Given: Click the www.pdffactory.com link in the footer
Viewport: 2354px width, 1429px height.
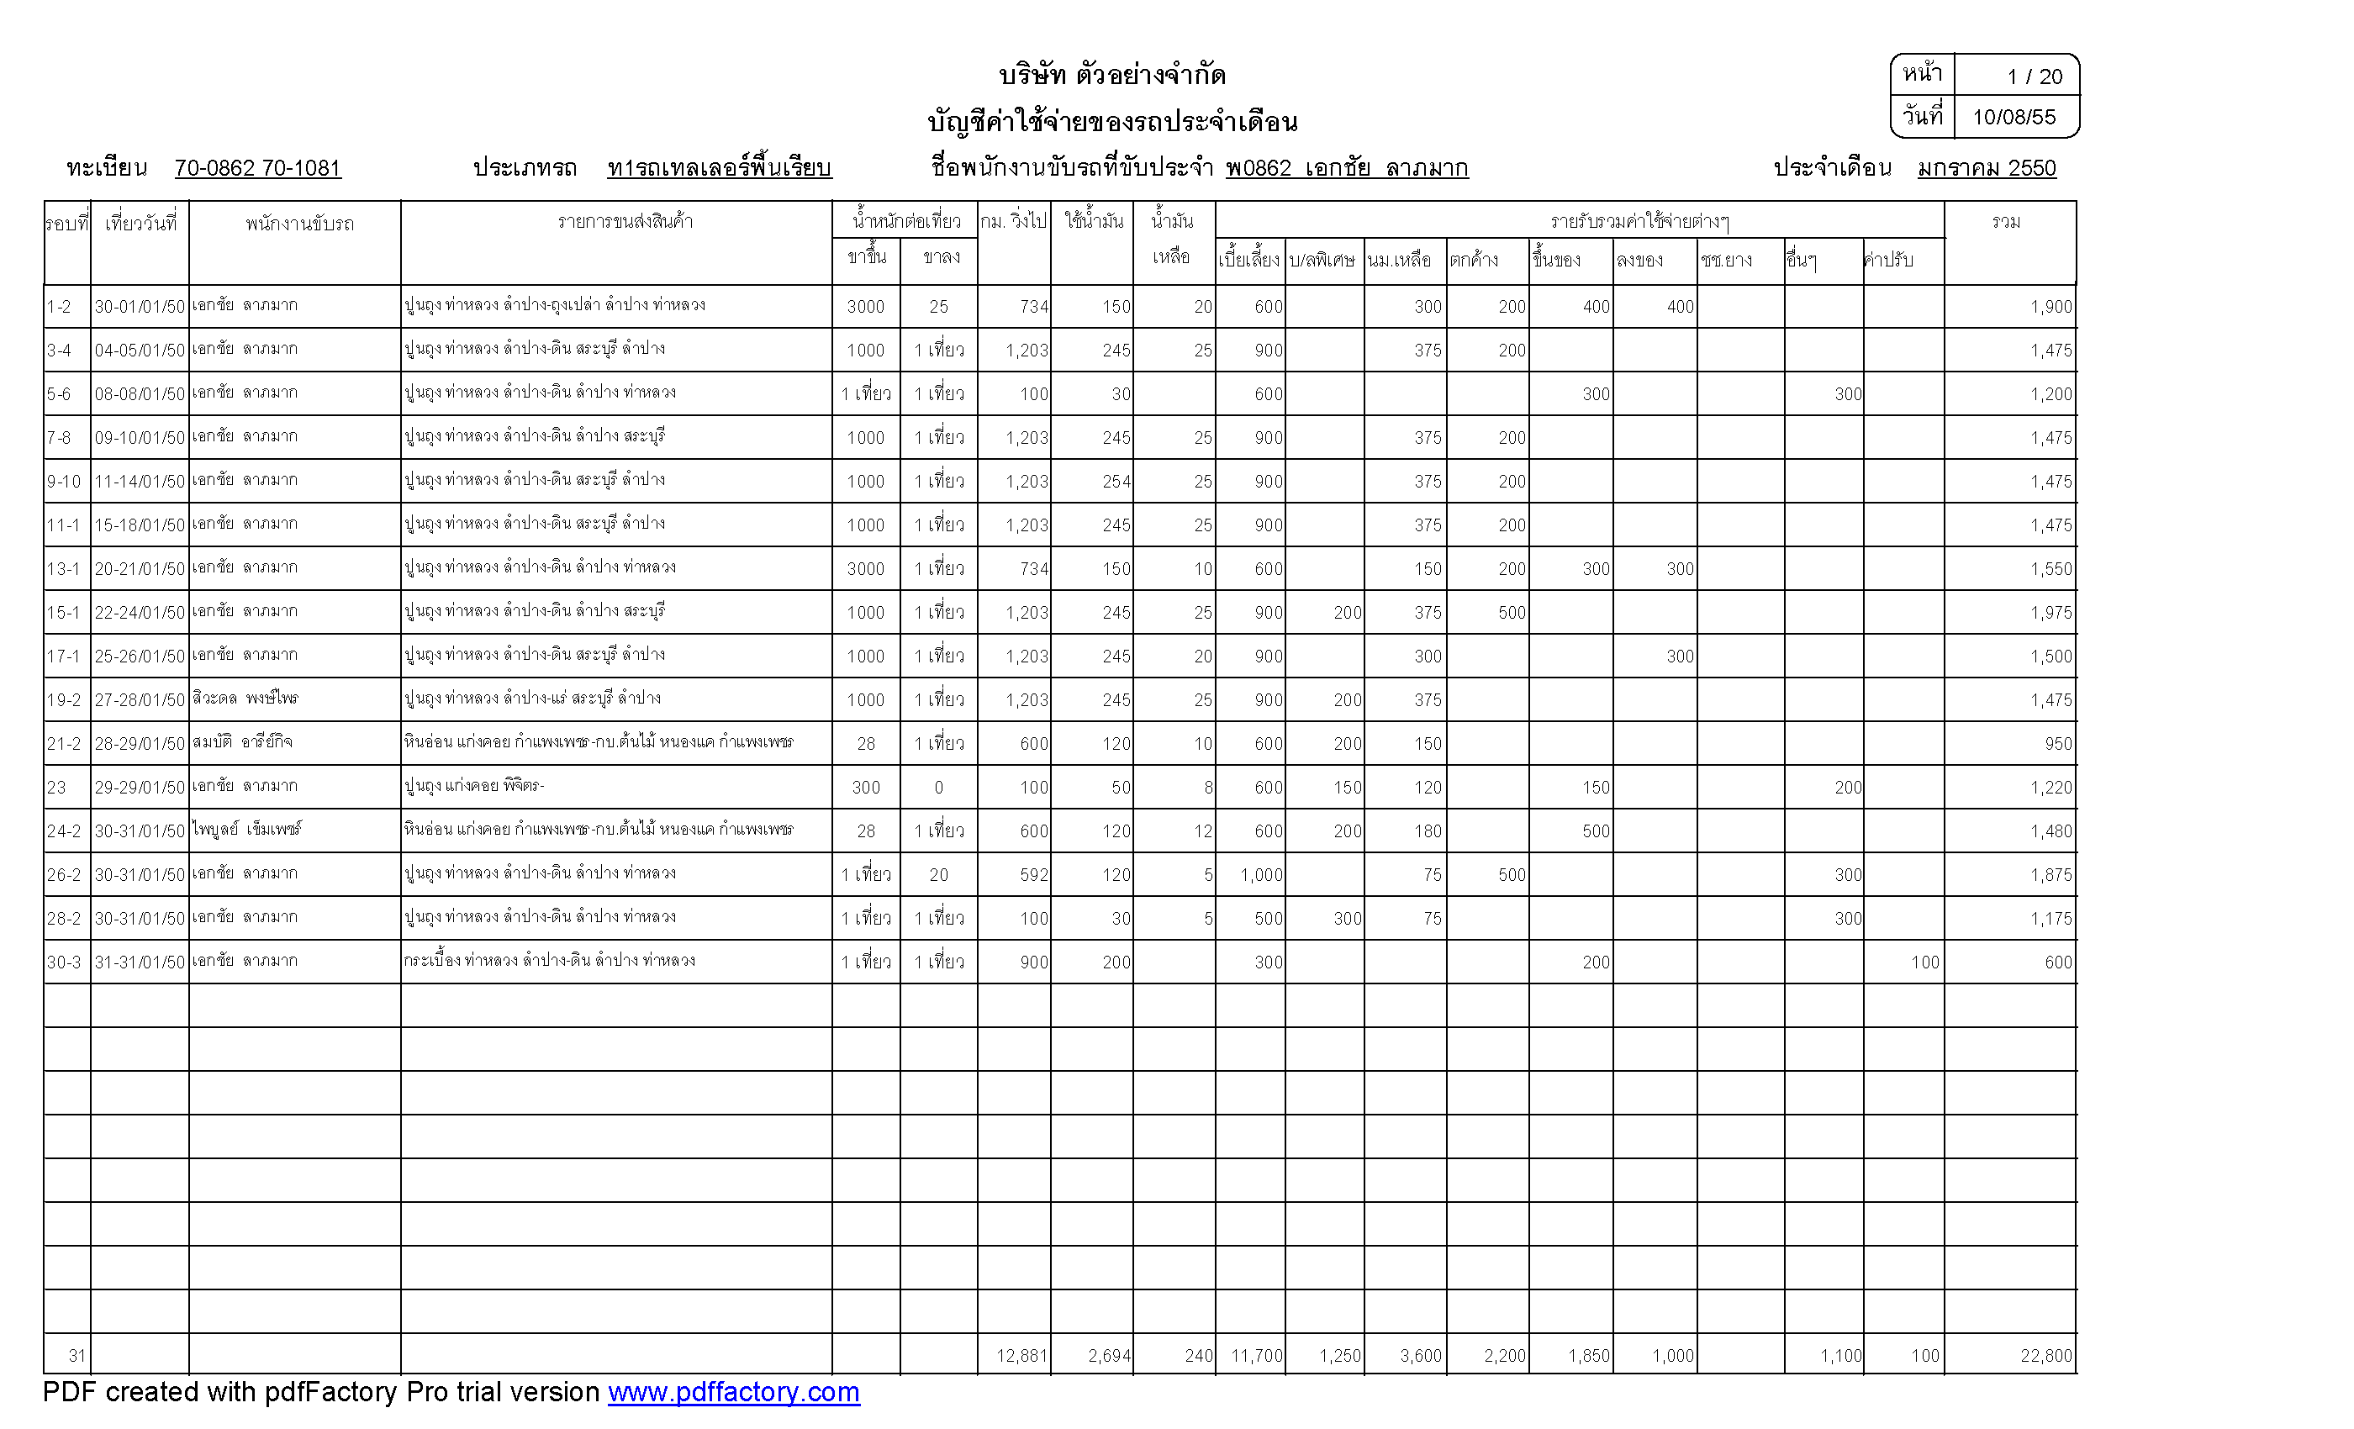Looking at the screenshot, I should point(733,1392).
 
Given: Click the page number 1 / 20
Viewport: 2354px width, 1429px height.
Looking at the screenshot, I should point(2034,76).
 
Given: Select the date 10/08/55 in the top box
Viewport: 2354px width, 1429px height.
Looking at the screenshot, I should point(2013,118).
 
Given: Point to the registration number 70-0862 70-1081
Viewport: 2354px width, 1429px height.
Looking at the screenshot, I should point(257,168).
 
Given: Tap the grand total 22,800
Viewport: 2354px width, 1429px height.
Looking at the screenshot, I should point(2045,1355).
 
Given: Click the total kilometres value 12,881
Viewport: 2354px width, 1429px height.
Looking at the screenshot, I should point(1021,1355).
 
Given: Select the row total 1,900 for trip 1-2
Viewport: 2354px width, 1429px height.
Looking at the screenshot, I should point(2051,307).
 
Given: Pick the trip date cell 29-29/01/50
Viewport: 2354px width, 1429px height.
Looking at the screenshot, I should point(140,787).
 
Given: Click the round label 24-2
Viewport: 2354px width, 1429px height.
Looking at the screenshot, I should point(64,831).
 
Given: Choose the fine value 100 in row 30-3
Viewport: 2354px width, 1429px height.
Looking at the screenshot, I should point(1924,962).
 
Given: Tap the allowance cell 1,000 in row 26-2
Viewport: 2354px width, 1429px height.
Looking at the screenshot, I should point(1261,875).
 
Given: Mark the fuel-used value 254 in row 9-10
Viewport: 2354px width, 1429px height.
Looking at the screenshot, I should point(1116,482).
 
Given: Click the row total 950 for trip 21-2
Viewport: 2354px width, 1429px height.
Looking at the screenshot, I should point(2058,743).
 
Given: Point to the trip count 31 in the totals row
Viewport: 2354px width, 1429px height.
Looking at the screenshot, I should point(77,1355).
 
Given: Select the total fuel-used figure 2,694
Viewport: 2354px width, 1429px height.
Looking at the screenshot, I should point(1108,1355).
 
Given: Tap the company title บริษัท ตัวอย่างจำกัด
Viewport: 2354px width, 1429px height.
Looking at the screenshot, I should point(1112,75).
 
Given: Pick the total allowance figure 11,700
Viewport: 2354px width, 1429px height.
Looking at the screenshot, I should point(1256,1355).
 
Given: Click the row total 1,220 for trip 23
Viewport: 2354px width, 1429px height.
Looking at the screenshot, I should point(2051,787).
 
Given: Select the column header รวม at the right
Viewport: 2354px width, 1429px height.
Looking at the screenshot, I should point(2006,223).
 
